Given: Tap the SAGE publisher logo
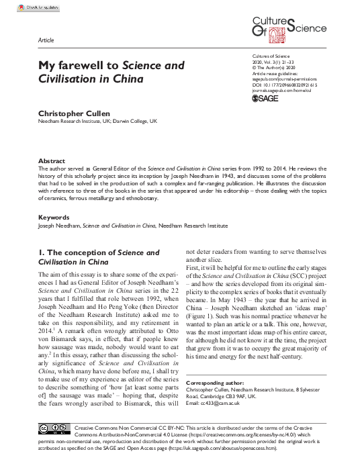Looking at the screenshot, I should pos(264,98).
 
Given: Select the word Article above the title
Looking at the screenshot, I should pos(47,42).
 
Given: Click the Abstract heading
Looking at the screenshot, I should pos(52,161).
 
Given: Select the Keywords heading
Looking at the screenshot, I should pos(54,218).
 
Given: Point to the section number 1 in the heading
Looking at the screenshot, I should pos(41,252).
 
